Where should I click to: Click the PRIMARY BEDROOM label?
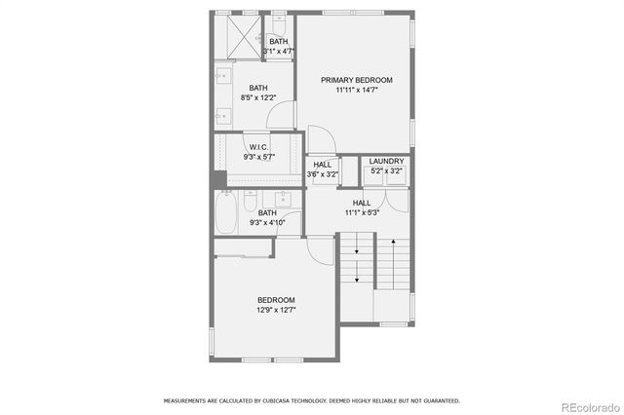[356, 80]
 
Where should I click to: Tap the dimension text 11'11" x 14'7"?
[356, 91]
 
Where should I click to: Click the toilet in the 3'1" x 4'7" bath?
[278, 23]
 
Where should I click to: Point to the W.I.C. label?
[258, 147]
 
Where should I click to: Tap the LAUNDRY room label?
[386, 162]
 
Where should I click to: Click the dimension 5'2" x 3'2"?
[386, 171]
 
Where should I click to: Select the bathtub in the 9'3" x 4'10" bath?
[226, 214]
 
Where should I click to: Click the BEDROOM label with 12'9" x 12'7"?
[276, 300]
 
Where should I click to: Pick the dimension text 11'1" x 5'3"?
[361, 212]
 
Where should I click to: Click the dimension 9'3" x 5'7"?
[258, 157]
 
